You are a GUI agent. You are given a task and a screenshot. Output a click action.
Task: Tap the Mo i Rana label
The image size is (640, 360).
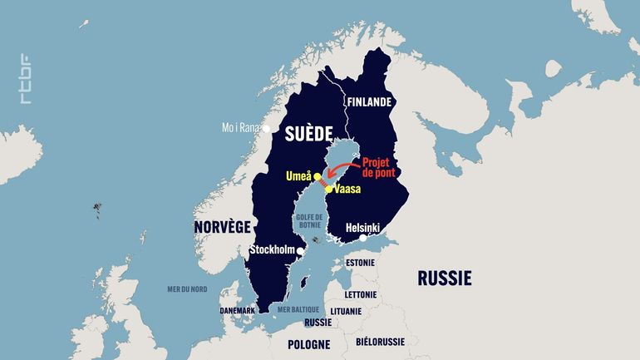click(240, 128)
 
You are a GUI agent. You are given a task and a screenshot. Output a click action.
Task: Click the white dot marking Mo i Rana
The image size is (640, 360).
click(266, 128)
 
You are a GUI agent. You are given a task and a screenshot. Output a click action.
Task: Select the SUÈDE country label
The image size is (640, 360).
click(308, 133)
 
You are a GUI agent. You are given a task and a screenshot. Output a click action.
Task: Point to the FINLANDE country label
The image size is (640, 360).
click(368, 102)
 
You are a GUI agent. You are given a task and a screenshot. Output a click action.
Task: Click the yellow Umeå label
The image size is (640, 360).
click(298, 176)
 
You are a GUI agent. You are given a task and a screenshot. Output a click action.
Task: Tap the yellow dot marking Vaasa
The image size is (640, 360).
click(329, 190)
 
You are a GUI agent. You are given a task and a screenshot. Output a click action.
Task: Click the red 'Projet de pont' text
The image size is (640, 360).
click(381, 169)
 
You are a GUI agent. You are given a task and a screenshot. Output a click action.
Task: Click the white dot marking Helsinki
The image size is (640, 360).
click(362, 239)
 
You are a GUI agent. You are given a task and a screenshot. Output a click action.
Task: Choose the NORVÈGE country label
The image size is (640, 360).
click(222, 226)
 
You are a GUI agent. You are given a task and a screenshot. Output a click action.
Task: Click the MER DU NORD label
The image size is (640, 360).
click(187, 288)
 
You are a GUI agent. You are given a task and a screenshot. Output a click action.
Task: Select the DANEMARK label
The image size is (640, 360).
click(238, 310)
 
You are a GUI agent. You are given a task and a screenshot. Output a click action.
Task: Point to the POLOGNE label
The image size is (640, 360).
click(309, 343)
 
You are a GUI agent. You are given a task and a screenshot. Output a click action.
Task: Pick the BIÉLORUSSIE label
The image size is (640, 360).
click(380, 342)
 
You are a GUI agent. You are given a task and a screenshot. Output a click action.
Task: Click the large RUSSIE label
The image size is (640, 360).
click(444, 277)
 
